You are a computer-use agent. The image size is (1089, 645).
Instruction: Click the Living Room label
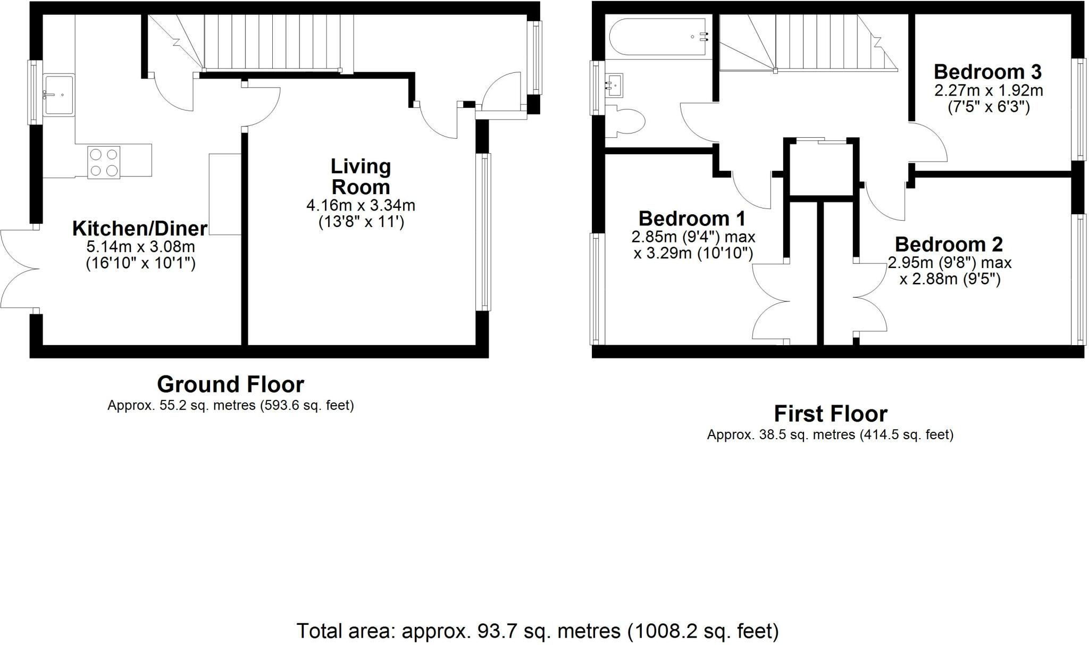pos(361,177)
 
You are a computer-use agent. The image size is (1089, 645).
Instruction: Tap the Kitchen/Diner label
pos(139,229)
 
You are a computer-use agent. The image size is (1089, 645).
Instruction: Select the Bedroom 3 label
pos(988,72)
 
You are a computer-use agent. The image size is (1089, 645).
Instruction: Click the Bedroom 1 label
pos(692,219)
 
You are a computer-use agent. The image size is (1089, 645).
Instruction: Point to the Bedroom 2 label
pos(949,245)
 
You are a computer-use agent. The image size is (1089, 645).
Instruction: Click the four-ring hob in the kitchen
pos(104,162)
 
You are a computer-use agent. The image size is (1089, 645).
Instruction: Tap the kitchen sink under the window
pos(59,95)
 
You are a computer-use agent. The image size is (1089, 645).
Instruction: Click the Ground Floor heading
pos(230,384)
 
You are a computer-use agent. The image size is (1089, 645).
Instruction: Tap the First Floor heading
pos(830,414)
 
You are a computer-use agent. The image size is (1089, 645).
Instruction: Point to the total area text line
pos(537,631)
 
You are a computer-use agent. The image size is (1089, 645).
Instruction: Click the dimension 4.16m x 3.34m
pos(361,205)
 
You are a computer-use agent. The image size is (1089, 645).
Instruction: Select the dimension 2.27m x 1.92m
pos(989,90)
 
